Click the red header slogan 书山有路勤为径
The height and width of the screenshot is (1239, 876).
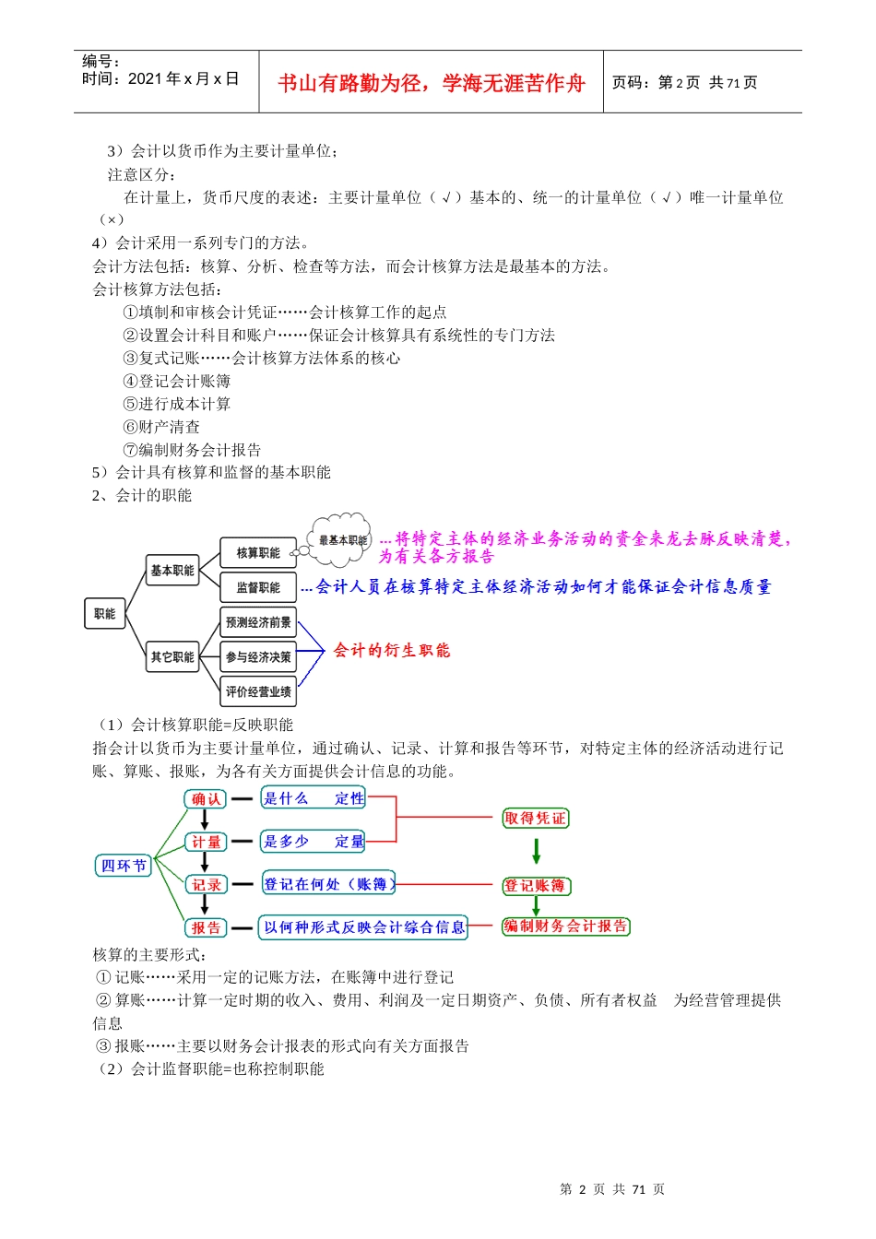pos(431,83)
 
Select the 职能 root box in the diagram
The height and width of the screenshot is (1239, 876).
pos(104,614)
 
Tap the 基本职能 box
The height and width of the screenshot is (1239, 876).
pos(172,571)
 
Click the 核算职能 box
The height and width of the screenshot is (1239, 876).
pos(257,553)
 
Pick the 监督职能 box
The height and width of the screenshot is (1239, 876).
pos(257,587)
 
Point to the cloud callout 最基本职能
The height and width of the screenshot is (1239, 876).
pos(342,540)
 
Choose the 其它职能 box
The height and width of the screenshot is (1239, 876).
pos(172,657)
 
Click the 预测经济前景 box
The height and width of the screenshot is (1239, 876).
pos(257,622)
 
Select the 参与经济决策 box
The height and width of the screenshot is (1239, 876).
pos(257,657)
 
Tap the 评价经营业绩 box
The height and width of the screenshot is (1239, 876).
pos(257,691)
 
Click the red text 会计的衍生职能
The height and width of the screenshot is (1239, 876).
pos(392,651)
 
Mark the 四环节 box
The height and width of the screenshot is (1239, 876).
pos(124,866)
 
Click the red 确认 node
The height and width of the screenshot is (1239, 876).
pos(206,799)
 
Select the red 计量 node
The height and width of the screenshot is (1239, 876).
pos(206,842)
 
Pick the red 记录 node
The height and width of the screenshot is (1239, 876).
pos(206,885)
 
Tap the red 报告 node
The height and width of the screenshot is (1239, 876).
pos(206,927)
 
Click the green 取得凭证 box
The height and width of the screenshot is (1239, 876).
pos(535,819)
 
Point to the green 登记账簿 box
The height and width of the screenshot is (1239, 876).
pos(536,886)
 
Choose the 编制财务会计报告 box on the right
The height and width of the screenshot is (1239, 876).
pos(565,926)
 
